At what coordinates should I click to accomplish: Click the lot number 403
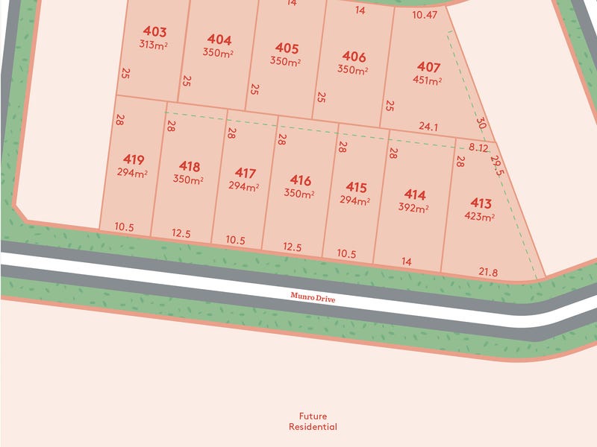point(155,32)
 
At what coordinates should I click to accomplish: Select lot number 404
point(219,39)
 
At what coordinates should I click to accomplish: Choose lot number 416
point(300,180)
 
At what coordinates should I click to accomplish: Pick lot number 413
point(481,203)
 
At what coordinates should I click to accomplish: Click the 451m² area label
point(428,80)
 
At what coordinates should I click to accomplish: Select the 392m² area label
point(414,209)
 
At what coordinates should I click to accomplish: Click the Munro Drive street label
point(313,297)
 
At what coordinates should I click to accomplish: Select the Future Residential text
point(313,422)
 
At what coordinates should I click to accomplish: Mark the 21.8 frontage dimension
point(488,273)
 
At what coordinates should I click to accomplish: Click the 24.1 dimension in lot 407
point(428,127)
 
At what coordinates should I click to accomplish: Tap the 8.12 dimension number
point(478,148)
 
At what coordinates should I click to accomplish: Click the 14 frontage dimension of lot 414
point(407,261)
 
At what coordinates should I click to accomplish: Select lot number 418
point(190,166)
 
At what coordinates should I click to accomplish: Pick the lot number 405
point(287,48)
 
